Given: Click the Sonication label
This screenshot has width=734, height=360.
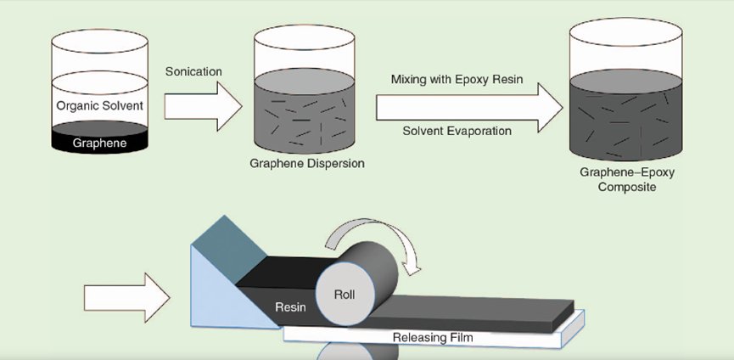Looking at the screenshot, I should click(x=193, y=71).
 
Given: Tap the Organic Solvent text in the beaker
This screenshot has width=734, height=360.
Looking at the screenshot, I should click(x=100, y=106).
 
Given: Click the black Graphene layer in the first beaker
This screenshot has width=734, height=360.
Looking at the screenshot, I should click(x=100, y=141).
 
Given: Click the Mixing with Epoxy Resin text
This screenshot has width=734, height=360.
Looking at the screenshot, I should click(x=457, y=79).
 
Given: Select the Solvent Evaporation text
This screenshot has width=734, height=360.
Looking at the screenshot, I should click(x=457, y=131).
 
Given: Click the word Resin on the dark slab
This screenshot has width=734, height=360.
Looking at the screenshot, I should click(x=291, y=304).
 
